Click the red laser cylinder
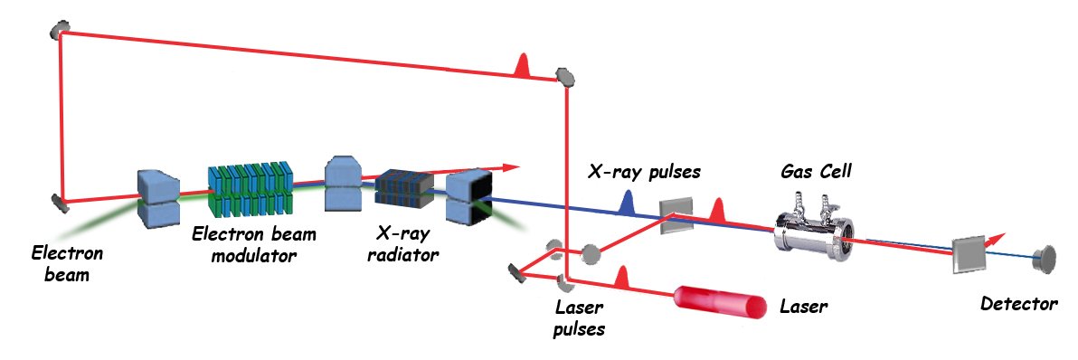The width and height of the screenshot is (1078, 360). (x=721, y=301)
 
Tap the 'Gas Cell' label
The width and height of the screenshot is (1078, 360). (x=816, y=171)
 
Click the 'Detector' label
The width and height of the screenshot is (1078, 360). (x=1019, y=303)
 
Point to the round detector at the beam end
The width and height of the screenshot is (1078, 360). (x=1047, y=258)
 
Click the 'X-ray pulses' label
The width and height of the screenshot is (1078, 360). (x=644, y=171)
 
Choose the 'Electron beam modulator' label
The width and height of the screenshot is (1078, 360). (x=254, y=245)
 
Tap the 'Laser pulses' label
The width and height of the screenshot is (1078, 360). (x=581, y=319)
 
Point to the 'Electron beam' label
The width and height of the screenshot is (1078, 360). (x=67, y=264)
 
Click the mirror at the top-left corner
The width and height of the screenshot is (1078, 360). (x=61, y=30)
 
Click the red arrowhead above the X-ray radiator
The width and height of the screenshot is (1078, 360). (x=510, y=167)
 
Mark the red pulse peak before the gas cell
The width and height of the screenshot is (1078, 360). (x=719, y=209)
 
